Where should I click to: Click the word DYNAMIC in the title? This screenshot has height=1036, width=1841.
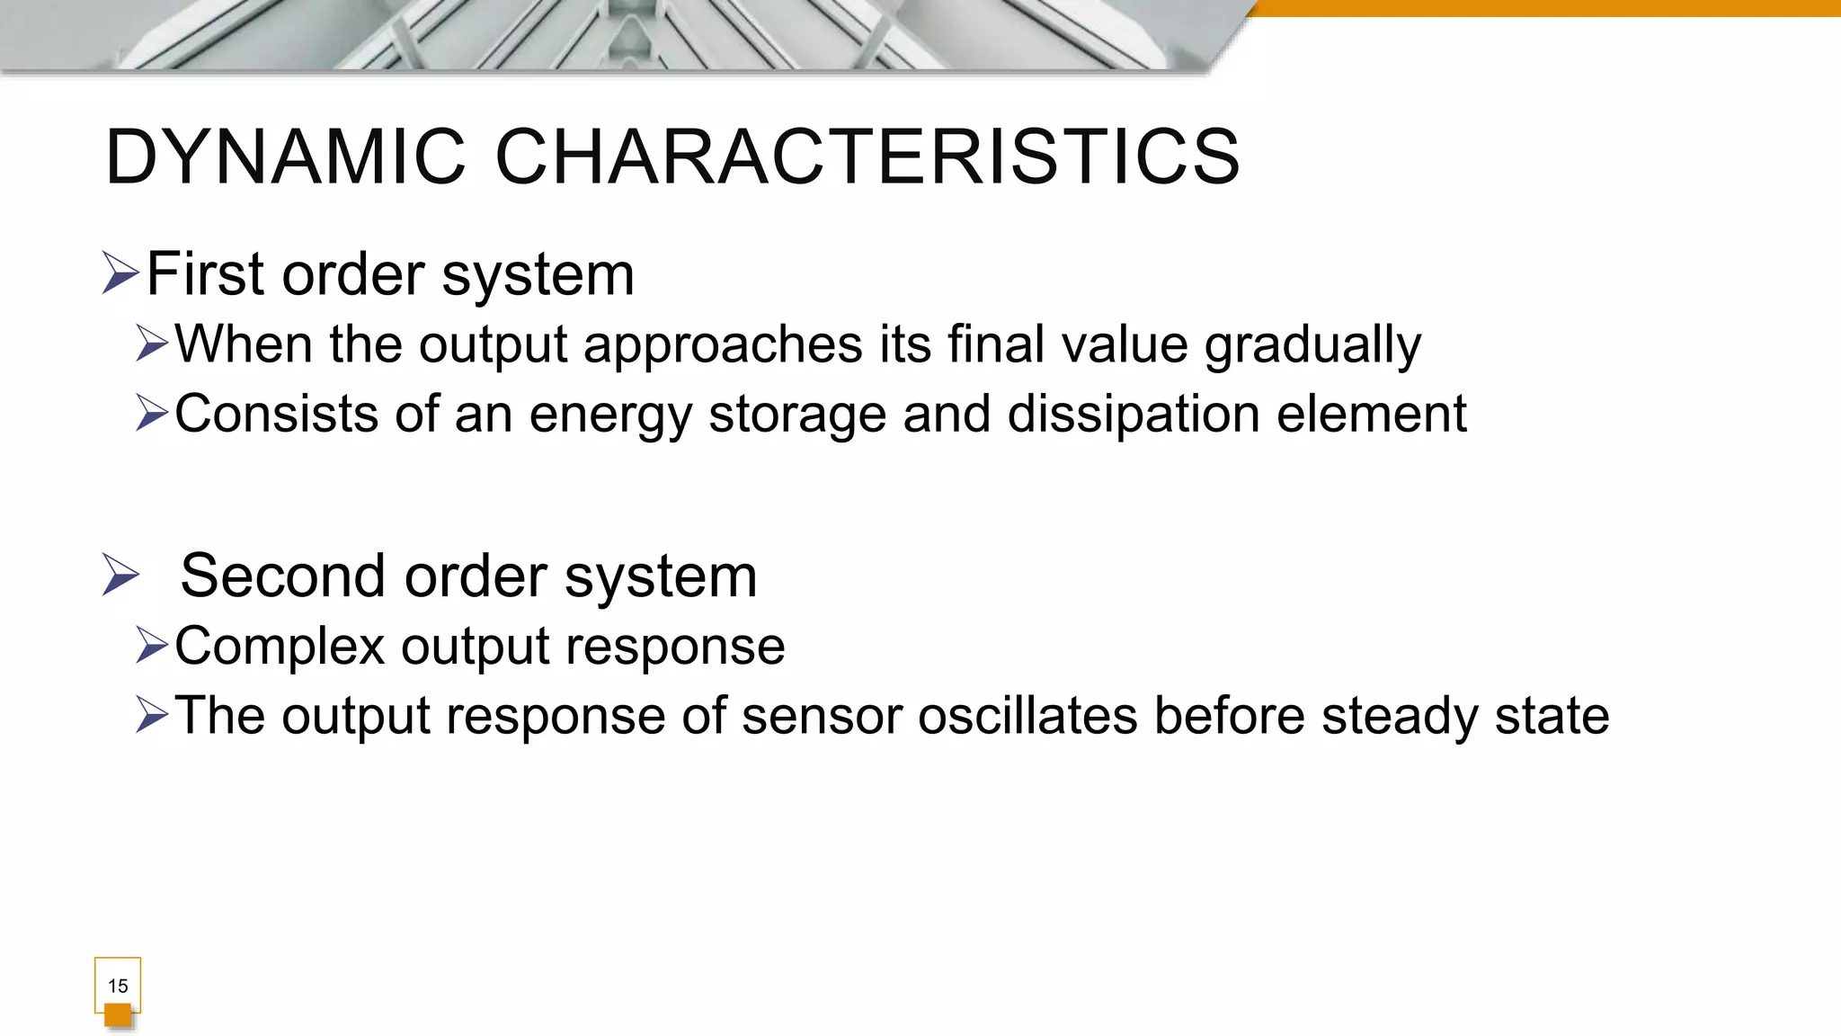(286, 157)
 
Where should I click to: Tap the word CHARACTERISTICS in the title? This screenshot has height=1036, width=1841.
(867, 157)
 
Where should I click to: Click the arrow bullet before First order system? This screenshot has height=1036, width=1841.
(120, 272)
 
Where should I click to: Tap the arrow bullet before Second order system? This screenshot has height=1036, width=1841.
(120, 575)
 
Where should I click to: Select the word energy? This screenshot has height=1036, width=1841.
(610, 415)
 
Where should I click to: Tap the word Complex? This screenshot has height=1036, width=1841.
(280, 647)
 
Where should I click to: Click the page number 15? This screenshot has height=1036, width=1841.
(118, 986)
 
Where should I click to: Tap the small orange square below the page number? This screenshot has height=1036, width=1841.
(118, 1016)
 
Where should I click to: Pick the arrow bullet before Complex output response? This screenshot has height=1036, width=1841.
(152, 645)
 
